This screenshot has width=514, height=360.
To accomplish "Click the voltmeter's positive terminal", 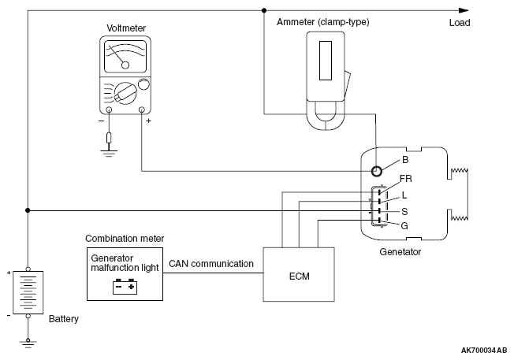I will point(142,111).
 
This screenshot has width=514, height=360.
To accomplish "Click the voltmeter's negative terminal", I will point(110,111).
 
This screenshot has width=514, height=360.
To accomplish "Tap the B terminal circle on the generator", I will point(378,171).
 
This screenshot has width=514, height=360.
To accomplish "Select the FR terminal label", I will point(406,178).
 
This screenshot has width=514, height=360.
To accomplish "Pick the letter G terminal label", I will point(404,225).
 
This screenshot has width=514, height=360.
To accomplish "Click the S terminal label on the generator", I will point(404,210).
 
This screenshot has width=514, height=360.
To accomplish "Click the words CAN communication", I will point(210,264).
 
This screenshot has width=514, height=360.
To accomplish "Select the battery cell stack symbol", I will point(28,294).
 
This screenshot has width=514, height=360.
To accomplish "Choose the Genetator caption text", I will point(400,252).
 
